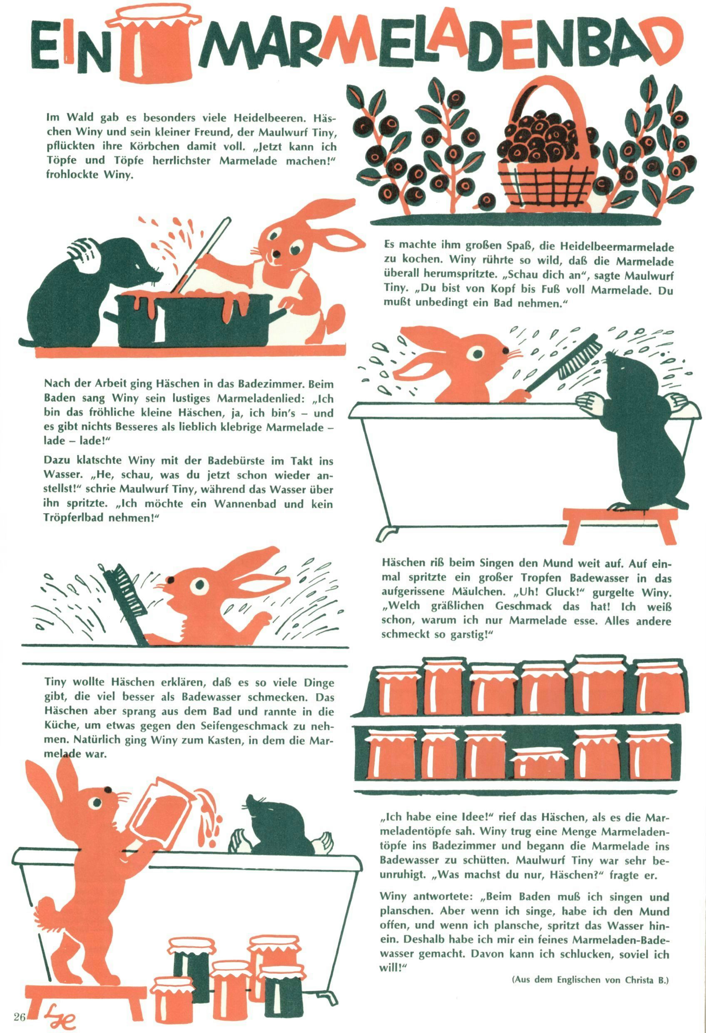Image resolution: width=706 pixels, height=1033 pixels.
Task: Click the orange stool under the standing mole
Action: click(620, 524)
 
